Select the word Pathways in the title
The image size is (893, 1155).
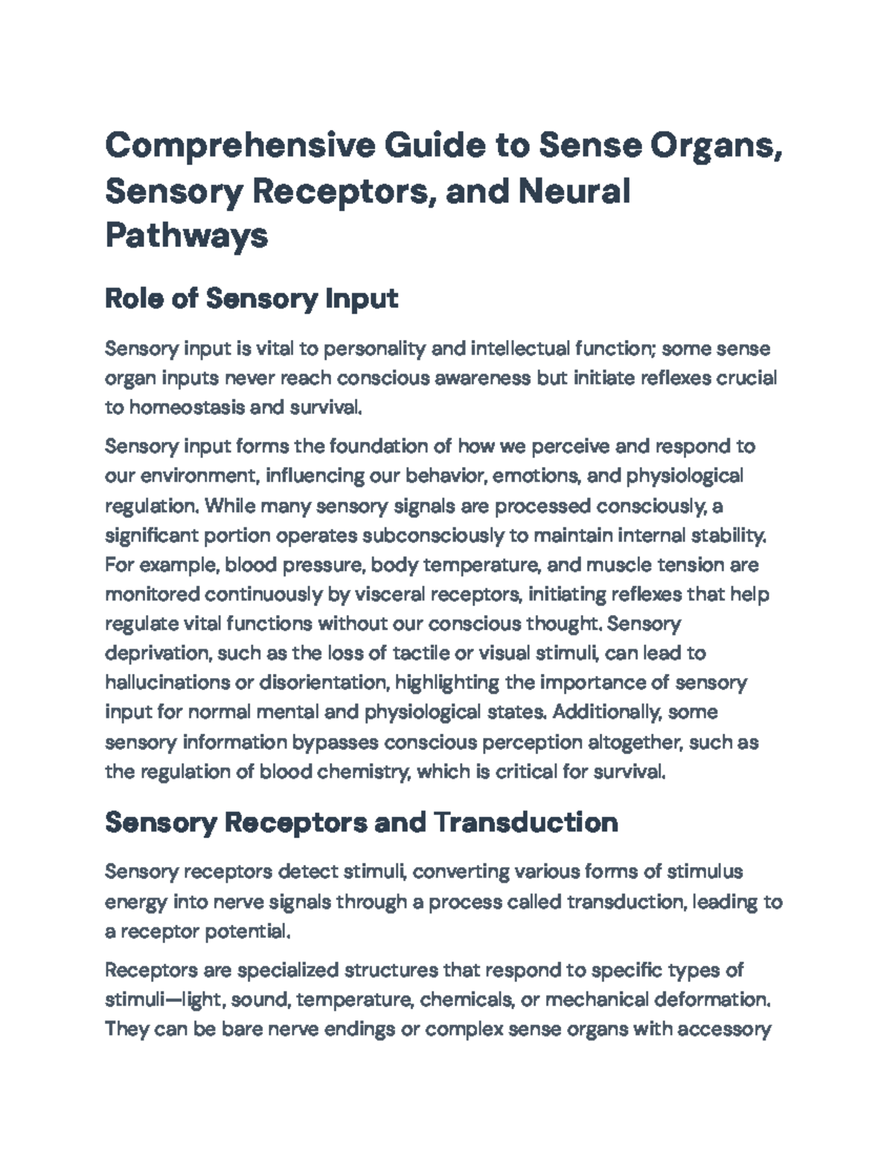[186, 236]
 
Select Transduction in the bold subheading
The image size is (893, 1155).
[525, 823]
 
